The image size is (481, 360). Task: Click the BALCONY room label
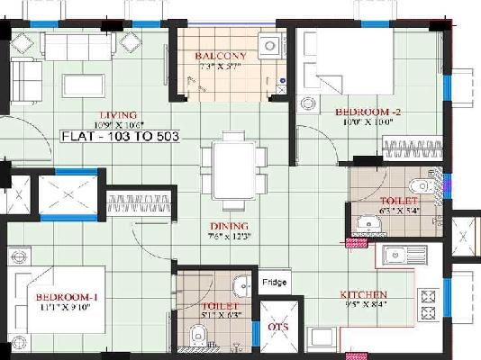pos(220,55)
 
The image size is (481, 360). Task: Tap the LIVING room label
pos(118,114)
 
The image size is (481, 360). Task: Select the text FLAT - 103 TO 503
pos(122,137)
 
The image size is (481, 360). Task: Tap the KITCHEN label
pos(364,294)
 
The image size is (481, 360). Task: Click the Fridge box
pos(275,283)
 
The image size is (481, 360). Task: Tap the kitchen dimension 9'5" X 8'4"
pos(364,305)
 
